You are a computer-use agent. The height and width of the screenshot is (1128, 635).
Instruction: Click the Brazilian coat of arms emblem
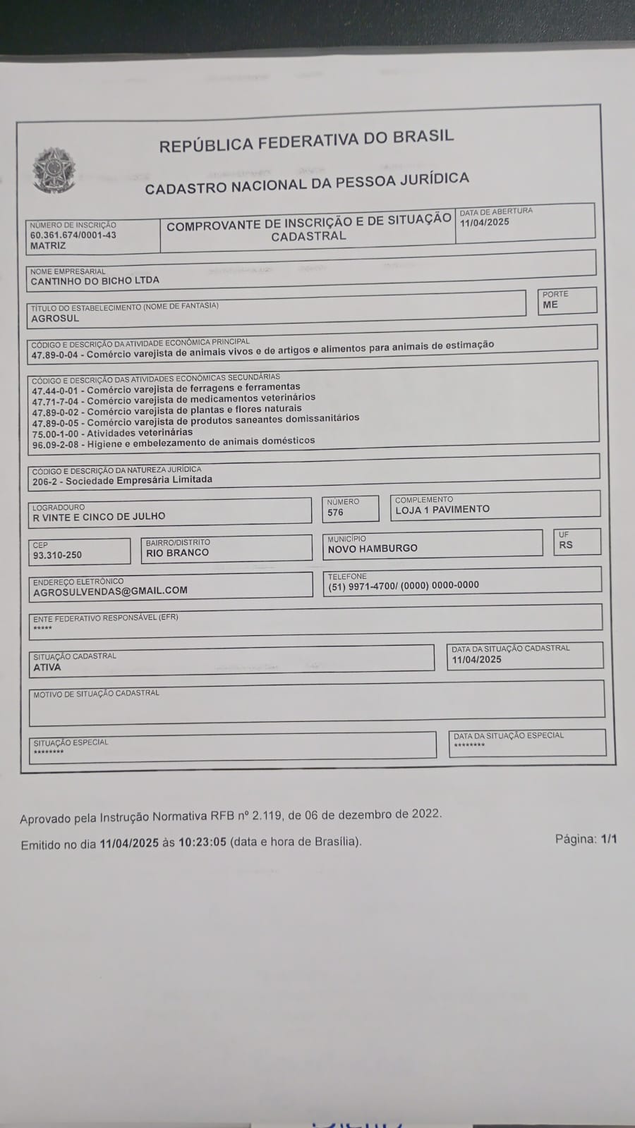click(x=53, y=170)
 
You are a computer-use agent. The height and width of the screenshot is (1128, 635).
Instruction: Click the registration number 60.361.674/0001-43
click(x=73, y=235)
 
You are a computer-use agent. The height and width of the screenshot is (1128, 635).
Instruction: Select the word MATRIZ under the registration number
click(x=48, y=246)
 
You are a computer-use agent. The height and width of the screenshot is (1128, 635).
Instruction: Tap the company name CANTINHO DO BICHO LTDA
click(x=95, y=281)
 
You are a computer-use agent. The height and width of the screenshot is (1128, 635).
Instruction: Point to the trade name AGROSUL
click(x=55, y=319)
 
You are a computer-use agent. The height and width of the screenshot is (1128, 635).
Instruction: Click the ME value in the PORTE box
click(x=550, y=305)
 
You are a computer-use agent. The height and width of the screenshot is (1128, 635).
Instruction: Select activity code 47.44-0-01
click(x=56, y=390)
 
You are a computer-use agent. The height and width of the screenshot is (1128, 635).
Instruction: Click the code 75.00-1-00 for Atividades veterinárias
click(x=56, y=434)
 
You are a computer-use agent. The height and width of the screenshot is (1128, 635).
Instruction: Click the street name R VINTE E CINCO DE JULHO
click(x=99, y=517)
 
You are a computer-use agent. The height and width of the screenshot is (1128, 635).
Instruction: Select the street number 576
click(x=335, y=513)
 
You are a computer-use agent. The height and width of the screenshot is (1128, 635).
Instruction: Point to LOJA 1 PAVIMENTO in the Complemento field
click(x=442, y=509)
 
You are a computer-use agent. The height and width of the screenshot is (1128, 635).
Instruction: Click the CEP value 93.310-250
click(x=57, y=556)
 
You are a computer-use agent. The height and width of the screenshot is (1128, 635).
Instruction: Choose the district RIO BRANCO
click(x=177, y=553)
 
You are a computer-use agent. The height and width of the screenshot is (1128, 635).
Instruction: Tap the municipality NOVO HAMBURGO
click(x=373, y=548)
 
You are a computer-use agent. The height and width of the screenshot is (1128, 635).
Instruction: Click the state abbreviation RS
click(x=566, y=545)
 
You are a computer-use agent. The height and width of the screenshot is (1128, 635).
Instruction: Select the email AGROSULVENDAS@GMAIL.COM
click(x=110, y=591)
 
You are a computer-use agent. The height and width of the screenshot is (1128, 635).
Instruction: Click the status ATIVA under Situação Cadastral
click(x=47, y=667)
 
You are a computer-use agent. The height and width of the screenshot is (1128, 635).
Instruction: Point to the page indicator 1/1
click(x=609, y=839)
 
